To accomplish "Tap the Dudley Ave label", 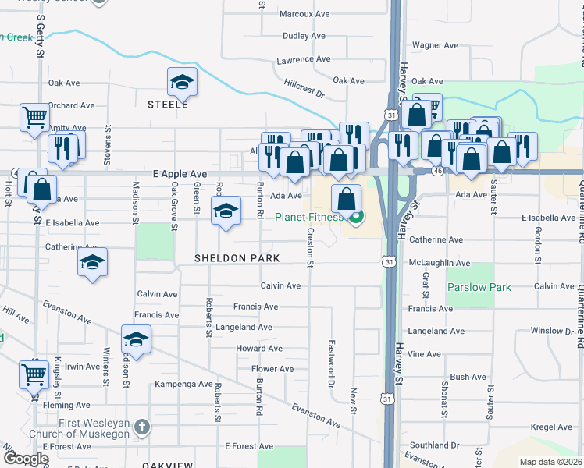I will point(304,36).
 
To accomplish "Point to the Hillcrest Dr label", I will point(304,87).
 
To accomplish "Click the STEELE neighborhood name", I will point(168,104).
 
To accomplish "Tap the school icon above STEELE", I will point(182,81).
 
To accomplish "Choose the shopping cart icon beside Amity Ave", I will point(35,119).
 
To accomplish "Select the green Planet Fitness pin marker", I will point(356,217).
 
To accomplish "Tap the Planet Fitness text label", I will point(309,218).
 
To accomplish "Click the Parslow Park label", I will point(479,287).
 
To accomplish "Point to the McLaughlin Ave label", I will point(440,264).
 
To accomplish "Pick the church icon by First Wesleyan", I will point(141,427).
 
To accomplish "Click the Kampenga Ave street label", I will point(183,384).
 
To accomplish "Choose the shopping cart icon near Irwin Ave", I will point(34,375).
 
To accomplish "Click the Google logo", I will point(26,459).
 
